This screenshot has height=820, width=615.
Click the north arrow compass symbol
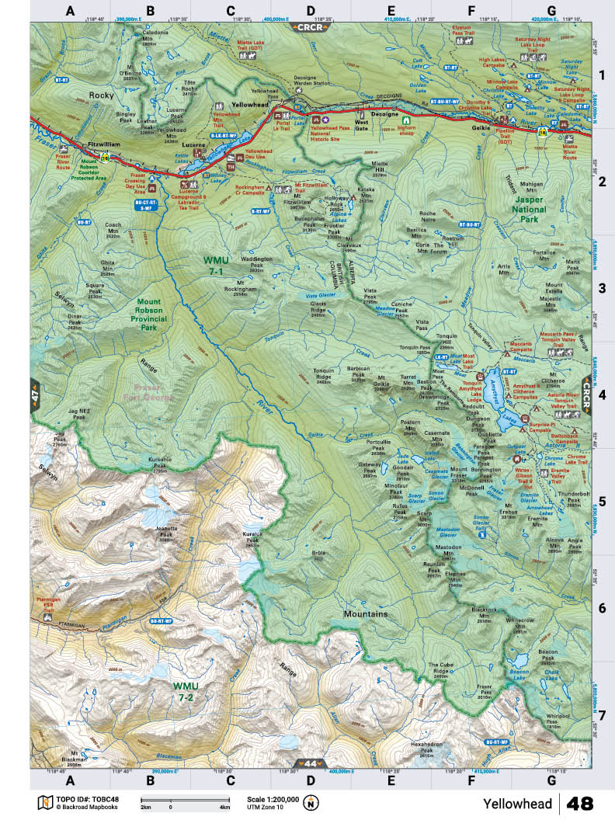point(311,804)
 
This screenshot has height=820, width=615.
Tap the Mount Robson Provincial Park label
point(158,314)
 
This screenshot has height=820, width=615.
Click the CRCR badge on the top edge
point(309,26)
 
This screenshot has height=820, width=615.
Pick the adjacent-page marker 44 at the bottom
point(310,763)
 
